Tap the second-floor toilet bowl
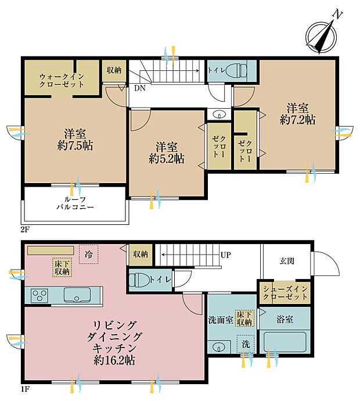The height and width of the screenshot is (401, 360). click(236, 70)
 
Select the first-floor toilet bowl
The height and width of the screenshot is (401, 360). click(139, 280)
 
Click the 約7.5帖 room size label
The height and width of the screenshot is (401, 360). click(75, 146)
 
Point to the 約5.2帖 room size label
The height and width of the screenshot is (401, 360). click(167, 159)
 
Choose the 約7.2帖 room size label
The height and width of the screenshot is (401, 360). click(297, 120)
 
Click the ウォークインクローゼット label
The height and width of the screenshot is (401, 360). click(62, 80)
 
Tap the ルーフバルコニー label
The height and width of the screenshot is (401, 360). click(75, 203)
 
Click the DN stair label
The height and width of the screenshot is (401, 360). click(140, 88)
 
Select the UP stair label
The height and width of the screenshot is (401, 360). click(226, 255)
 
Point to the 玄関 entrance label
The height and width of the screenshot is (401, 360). click(287, 261)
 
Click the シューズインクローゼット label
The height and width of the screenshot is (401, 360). click(285, 293)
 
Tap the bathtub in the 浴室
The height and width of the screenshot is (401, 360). click(285, 342)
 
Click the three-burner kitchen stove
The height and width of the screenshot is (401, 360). click(39, 295)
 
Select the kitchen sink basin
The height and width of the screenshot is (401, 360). click(77, 295)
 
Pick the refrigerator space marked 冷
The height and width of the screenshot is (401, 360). click(88, 254)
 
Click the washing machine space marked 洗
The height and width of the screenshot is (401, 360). click(246, 344)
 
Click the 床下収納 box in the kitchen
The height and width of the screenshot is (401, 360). click(62, 267)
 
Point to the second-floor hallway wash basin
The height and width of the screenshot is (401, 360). click(219, 114)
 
